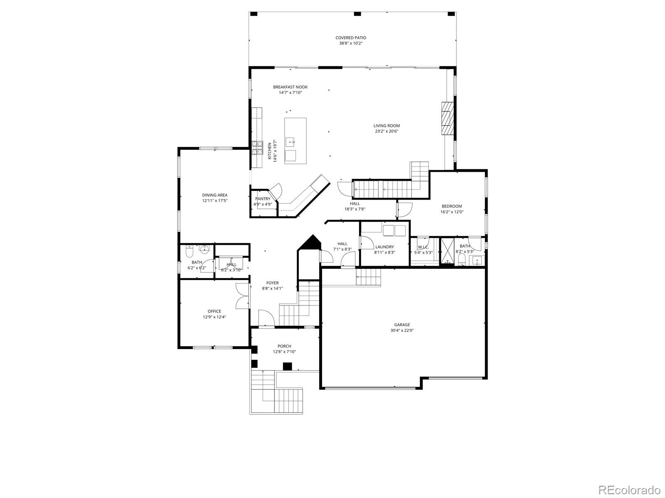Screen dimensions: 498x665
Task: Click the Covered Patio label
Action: click(x=351, y=38)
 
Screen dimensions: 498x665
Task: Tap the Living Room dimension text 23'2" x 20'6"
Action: click(x=386, y=132)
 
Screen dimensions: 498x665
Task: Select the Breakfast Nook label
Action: click(x=290, y=87)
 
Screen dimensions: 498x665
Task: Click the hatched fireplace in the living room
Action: click(x=446, y=118)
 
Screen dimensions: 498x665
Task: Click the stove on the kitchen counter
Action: click(x=257, y=148)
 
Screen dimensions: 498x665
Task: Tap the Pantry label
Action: click(x=263, y=199)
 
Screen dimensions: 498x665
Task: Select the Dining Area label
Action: click(x=214, y=195)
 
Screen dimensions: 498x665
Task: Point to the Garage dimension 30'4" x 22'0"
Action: click(x=402, y=331)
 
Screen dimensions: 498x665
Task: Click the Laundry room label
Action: click(x=384, y=247)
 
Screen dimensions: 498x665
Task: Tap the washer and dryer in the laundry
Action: click(x=394, y=230)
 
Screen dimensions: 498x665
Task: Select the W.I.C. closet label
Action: click(x=423, y=247)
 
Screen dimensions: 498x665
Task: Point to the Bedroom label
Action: click(x=451, y=206)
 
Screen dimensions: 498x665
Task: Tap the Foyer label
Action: click(x=273, y=283)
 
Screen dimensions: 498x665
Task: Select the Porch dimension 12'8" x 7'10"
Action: click(x=284, y=352)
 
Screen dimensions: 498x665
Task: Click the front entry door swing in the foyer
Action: click(x=266, y=319)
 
